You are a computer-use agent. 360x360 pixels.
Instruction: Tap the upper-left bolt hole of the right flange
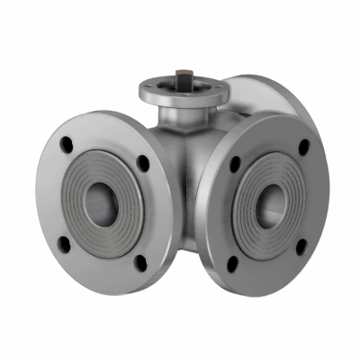(x=236, y=164)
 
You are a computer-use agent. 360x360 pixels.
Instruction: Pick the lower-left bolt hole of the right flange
(x=235, y=263)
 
